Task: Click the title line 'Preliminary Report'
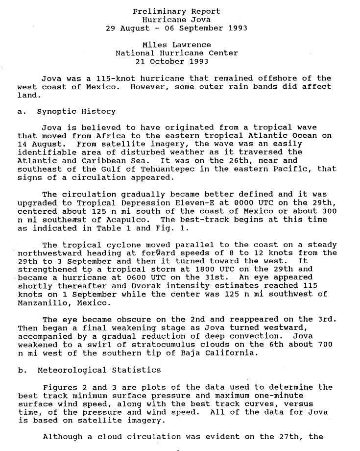click(x=176, y=11)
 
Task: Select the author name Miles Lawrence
click(x=176, y=45)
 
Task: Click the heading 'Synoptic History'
click(x=76, y=111)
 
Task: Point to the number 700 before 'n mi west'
click(x=325, y=345)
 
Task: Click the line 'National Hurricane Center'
click(x=176, y=53)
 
